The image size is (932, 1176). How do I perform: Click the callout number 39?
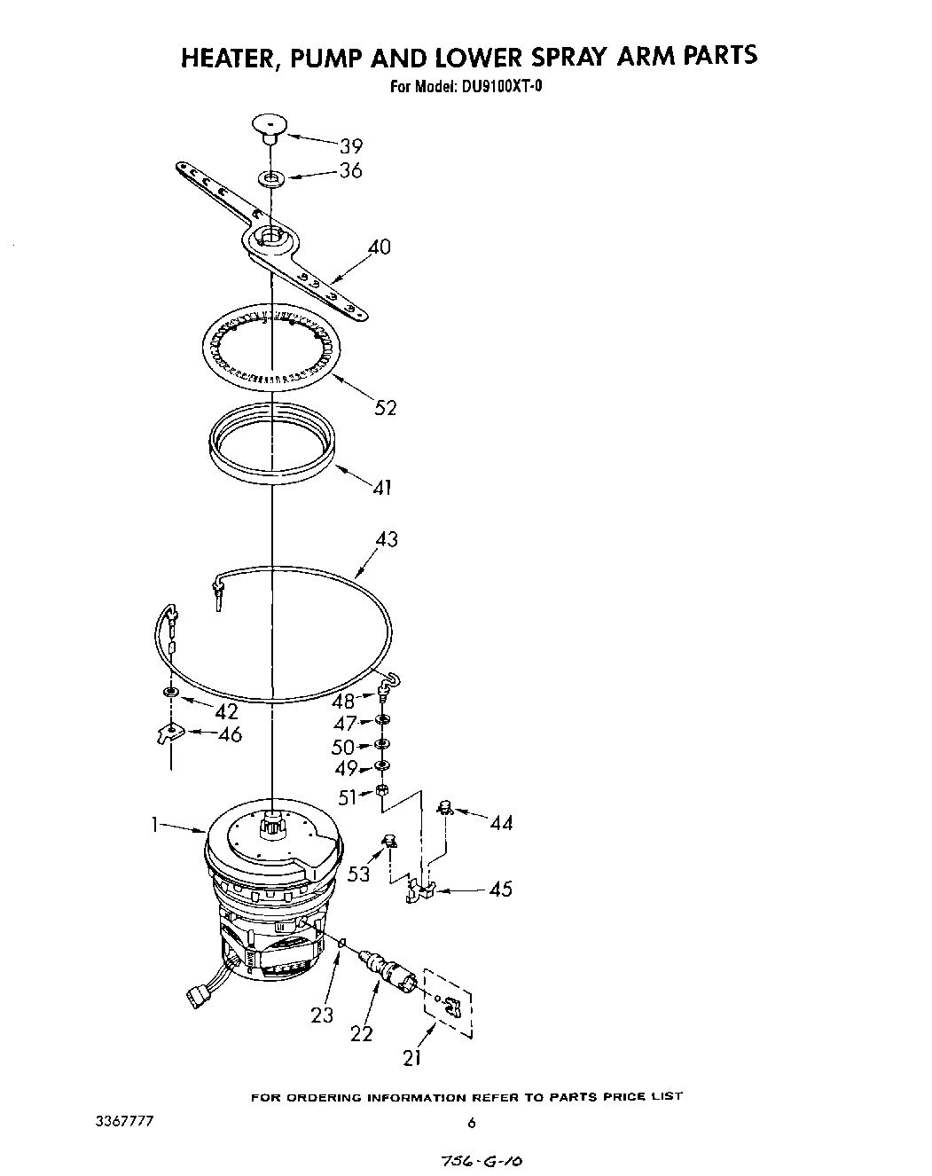(351, 146)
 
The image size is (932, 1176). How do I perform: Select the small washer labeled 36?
(270, 179)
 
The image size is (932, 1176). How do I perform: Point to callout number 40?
(379, 247)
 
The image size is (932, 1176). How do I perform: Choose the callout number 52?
(385, 407)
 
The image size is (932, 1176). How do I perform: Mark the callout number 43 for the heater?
(387, 539)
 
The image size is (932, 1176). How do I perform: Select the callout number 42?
(226, 711)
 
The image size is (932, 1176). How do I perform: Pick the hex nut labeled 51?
(380, 789)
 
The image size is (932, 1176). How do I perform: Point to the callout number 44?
(501, 823)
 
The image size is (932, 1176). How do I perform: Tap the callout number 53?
(359, 874)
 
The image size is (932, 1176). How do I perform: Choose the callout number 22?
(361, 1033)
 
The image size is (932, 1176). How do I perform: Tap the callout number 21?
(411, 1056)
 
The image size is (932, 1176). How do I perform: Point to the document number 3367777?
(124, 1121)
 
